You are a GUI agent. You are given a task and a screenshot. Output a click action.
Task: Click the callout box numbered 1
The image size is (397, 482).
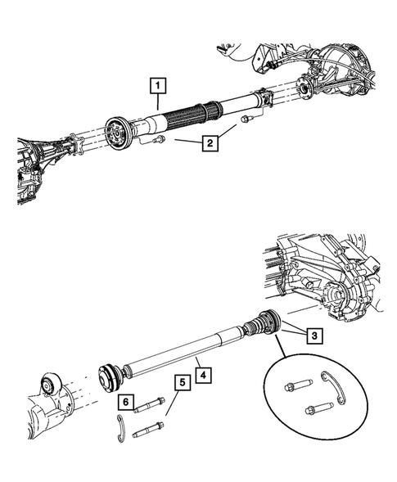[x=156, y=83]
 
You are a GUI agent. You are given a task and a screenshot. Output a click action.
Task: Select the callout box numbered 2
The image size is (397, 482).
[x=210, y=144]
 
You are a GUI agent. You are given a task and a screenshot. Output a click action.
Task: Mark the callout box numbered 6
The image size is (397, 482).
[x=124, y=402]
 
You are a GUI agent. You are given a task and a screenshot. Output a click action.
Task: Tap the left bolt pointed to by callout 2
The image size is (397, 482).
[x=156, y=141]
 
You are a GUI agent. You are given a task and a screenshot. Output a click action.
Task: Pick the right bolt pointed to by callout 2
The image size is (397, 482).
[x=245, y=119]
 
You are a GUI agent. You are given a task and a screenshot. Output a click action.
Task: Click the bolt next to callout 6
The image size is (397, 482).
[x=151, y=402]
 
